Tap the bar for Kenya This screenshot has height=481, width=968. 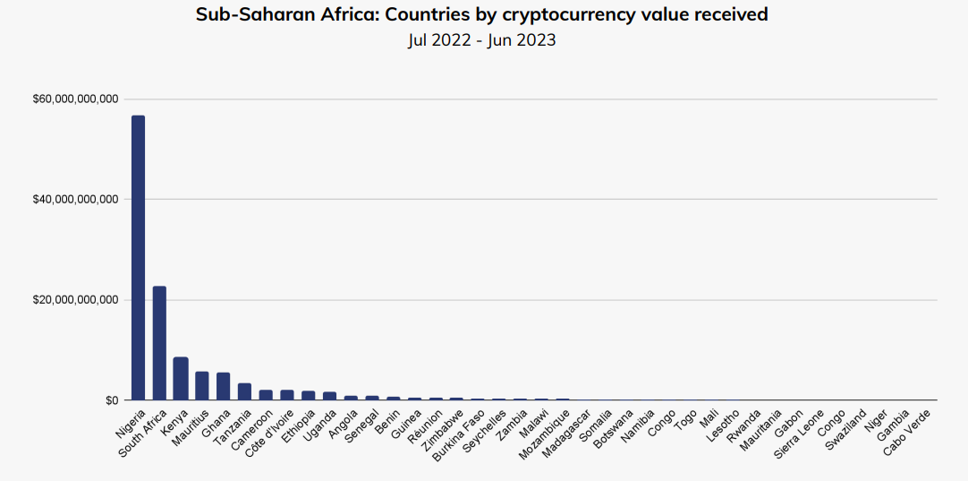[181, 378]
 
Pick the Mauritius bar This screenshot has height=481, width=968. [202, 385]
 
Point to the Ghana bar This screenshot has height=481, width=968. [223, 386]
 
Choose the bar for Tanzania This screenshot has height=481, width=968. [244, 391]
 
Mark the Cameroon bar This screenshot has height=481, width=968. [266, 395]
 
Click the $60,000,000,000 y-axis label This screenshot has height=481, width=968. [75, 99]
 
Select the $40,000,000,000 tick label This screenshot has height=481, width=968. [75, 199]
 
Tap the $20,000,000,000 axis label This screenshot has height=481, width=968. [75, 300]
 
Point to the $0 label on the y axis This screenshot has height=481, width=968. [111, 400]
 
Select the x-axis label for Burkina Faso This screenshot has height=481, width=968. [459, 435]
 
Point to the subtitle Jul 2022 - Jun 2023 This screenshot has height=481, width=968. [482, 40]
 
